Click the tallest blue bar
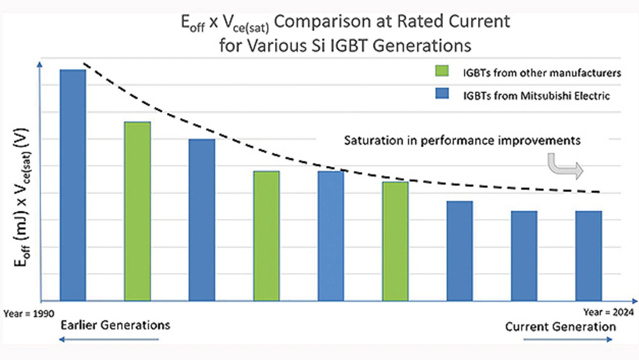pyautogui.click(x=73, y=185)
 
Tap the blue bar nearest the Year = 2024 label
pyautogui.click(x=588, y=255)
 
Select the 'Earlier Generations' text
pyautogui.click(x=115, y=326)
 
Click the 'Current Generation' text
pyautogui.click(x=560, y=327)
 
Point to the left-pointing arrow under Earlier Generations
pyautogui.click(x=109, y=340)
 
